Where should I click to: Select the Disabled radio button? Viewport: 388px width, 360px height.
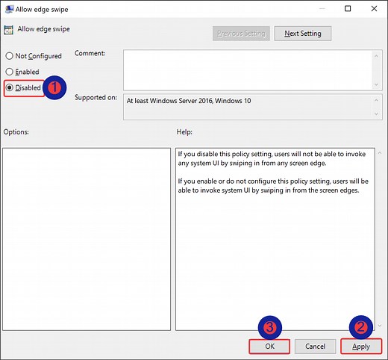(10, 87)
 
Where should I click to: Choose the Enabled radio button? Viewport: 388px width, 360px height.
(10, 72)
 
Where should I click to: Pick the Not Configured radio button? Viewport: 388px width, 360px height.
(10, 56)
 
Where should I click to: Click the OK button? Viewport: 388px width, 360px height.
(269, 346)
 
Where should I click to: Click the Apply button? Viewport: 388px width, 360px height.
(360, 346)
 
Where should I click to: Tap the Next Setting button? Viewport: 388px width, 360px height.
(303, 34)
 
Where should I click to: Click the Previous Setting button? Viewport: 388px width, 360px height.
(240, 34)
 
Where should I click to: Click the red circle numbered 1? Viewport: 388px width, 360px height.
(54, 87)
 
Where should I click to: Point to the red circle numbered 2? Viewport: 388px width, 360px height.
(360, 326)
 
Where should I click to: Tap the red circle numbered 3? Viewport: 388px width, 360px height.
(269, 326)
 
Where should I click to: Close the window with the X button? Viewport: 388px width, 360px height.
(370, 9)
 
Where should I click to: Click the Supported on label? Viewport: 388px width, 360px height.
(96, 98)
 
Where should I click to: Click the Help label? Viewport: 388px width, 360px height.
(184, 131)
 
